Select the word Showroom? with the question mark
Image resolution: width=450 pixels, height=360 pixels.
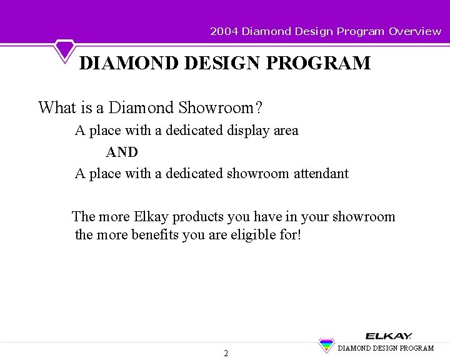click(220, 107)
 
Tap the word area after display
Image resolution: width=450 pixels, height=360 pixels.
click(286, 131)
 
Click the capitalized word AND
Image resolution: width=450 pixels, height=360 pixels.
click(122, 152)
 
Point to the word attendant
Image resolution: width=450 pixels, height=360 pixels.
click(321, 174)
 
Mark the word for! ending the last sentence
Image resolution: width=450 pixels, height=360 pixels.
click(289, 235)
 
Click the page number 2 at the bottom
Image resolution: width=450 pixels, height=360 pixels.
click(226, 353)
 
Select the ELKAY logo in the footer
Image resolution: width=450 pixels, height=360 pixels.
click(388, 336)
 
